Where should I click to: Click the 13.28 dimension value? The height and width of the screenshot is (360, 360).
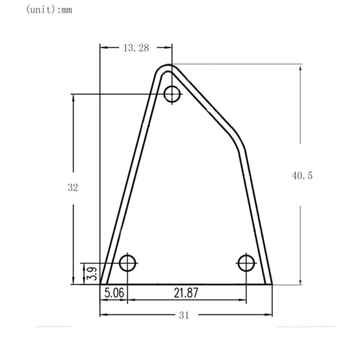coord(136,47)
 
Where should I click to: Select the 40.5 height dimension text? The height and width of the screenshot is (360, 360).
coord(302,175)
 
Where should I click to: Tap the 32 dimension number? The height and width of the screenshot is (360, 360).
coord(73,188)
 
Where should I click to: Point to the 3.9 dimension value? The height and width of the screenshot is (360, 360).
coord(92,274)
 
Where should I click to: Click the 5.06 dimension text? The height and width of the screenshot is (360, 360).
coord(114,292)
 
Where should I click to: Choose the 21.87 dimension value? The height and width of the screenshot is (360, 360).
coord(186,292)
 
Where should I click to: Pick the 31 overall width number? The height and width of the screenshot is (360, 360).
coord(184,315)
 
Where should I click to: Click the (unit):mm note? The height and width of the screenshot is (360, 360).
coord(49,10)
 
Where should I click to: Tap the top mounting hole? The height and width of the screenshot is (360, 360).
coord(172,94)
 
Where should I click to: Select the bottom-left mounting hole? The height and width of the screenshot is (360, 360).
coord(127,263)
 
